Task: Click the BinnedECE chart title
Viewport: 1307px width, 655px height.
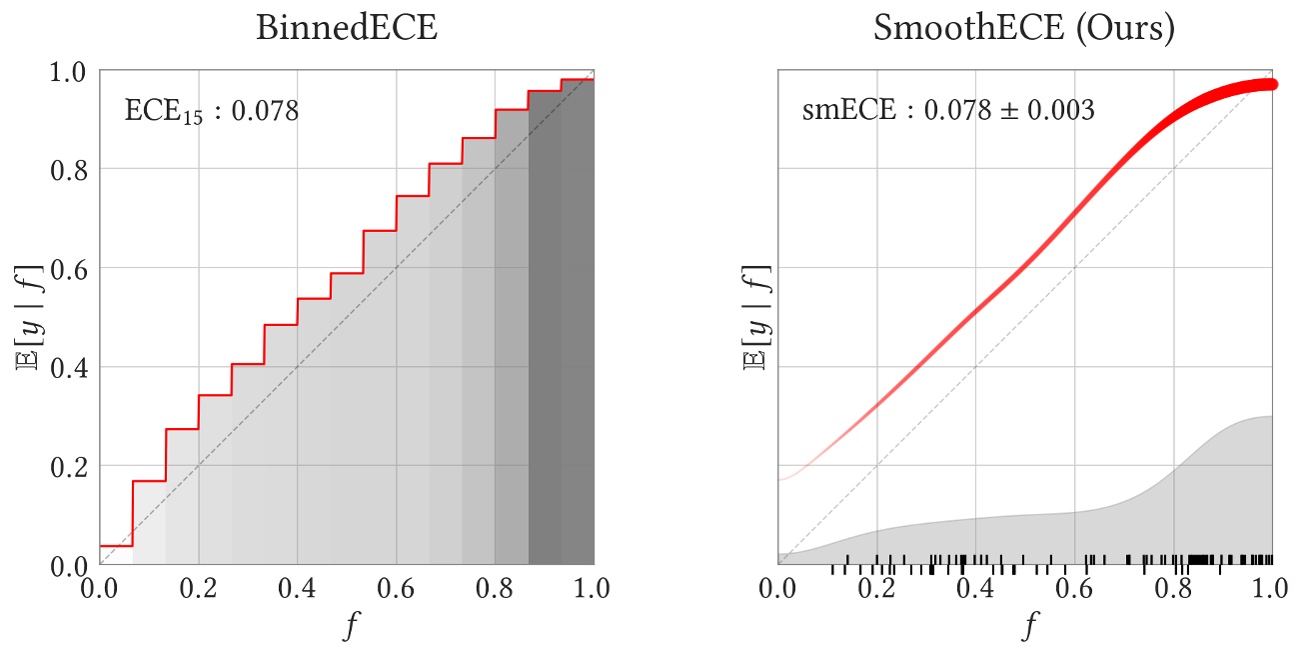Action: coord(347,27)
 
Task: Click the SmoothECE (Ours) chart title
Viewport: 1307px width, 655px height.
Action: coord(1024,27)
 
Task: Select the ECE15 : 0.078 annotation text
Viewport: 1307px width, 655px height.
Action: coord(211,111)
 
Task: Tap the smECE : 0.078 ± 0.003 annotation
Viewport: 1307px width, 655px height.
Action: coord(948,110)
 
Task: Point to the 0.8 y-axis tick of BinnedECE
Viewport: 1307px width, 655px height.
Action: coord(71,170)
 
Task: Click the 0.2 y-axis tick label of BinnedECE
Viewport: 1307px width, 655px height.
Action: coord(71,467)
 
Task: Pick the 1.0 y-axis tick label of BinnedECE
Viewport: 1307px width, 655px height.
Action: coord(71,72)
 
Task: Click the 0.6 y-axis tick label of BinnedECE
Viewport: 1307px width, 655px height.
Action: coord(71,269)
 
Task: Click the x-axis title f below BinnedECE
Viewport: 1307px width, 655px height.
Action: coord(347,627)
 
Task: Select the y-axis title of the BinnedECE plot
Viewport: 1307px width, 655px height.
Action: coord(27,318)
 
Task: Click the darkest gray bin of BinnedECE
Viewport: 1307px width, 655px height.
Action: coord(561,330)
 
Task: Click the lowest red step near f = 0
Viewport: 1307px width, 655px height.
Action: coord(116,545)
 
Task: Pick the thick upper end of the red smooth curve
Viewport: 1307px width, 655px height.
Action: coord(1261,85)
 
